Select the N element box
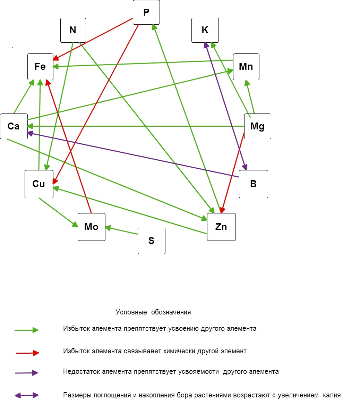(73, 30)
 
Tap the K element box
(205, 30)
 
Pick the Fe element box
(40, 67)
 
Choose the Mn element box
(246, 67)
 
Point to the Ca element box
(14, 126)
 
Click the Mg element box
(257, 126)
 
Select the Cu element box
(39, 184)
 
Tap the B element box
(254, 184)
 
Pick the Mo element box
(91, 227)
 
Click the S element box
(152, 241)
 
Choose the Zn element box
(221, 227)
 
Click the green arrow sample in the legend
(26, 330)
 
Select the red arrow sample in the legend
(27, 353)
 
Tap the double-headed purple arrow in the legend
(26, 395)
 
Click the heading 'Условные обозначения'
(153, 312)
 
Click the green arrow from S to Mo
(121, 231)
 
